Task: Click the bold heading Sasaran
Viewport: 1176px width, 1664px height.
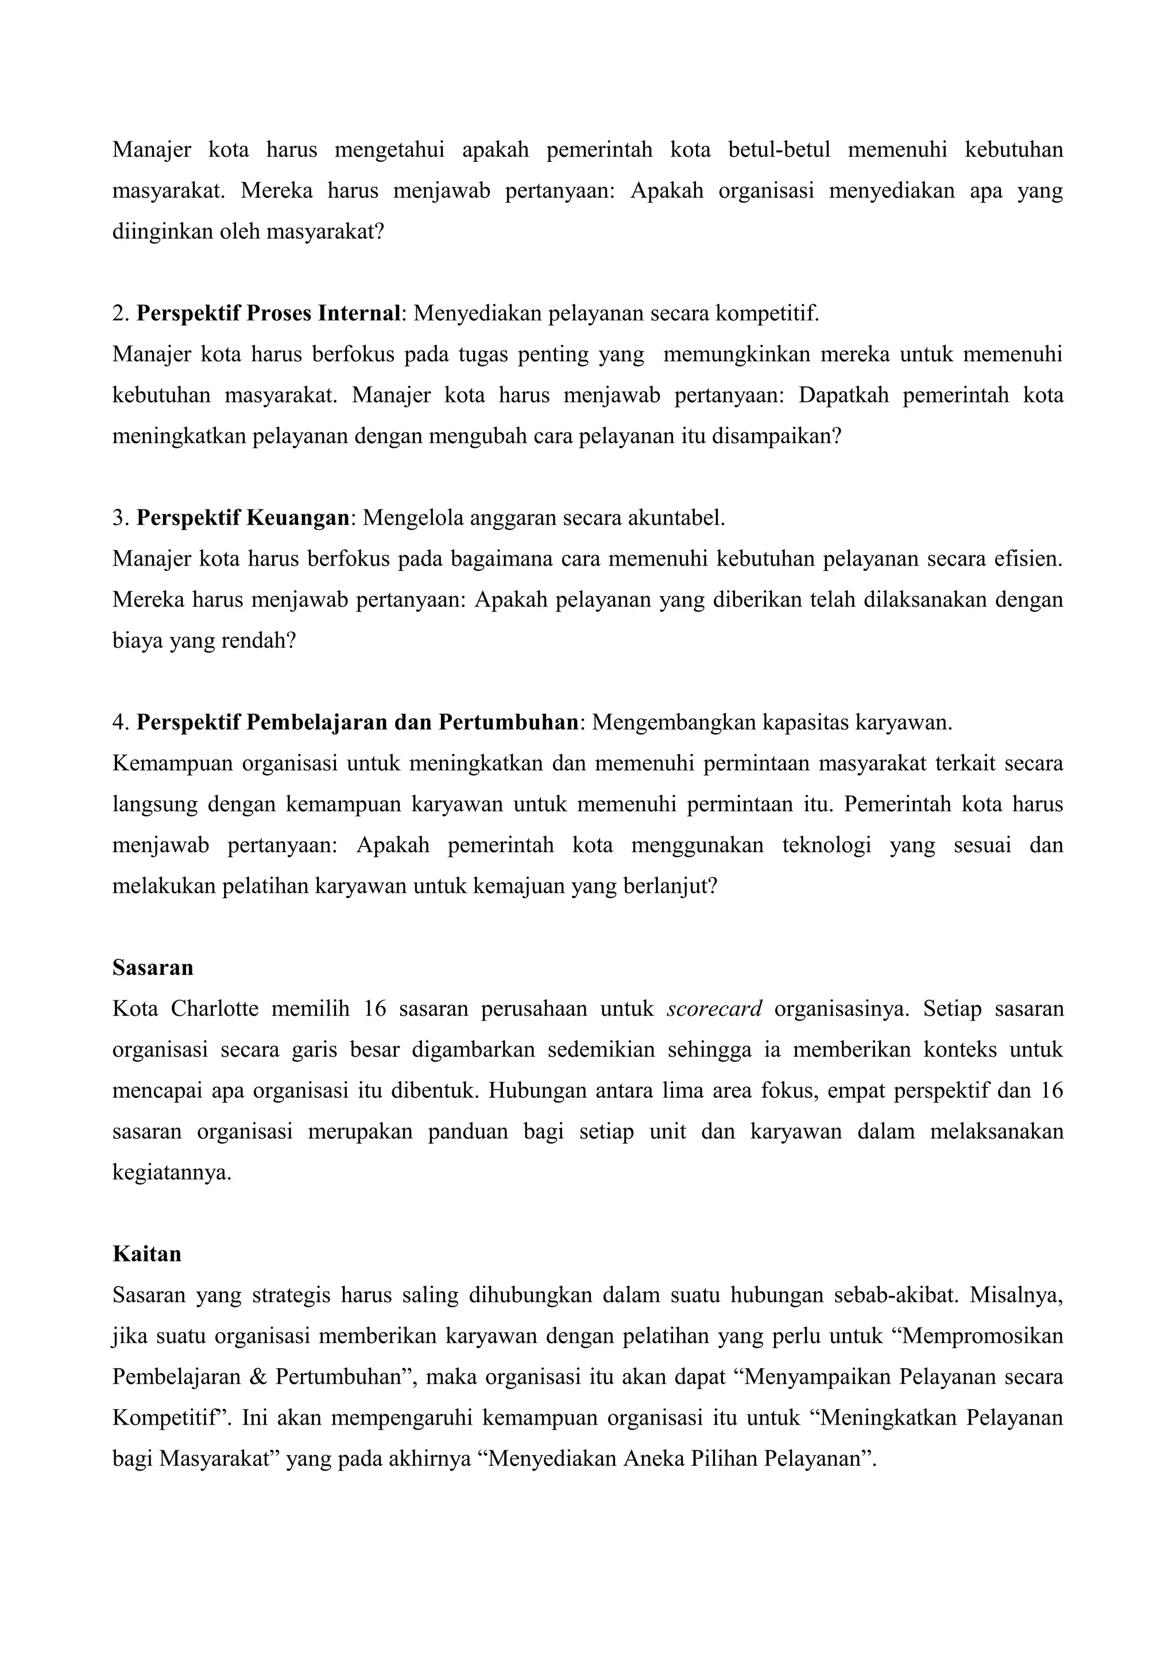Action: point(152,968)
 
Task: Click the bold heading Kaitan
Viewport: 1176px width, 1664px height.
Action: point(146,1193)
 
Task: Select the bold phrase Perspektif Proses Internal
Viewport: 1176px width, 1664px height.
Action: point(268,313)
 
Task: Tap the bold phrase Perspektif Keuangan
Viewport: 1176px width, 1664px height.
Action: point(243,517)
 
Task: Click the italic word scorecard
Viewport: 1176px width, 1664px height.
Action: point(714,1009)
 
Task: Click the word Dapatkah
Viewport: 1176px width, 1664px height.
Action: point(843,395)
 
